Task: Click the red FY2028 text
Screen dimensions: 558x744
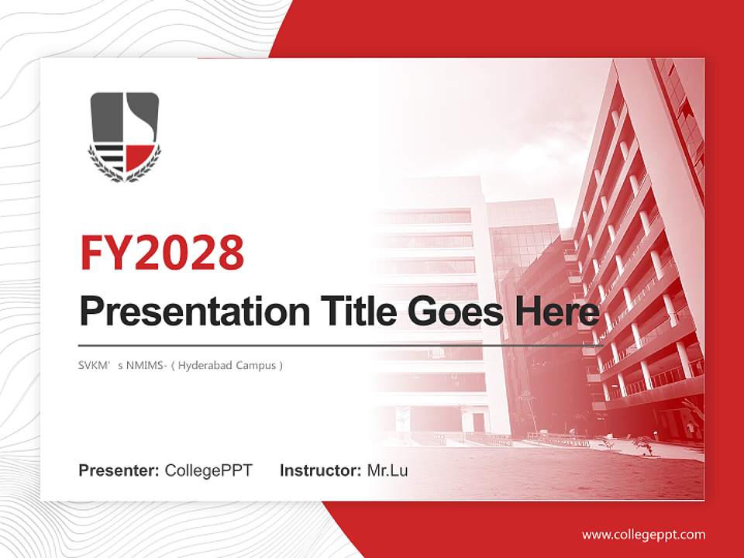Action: tap(162, 252)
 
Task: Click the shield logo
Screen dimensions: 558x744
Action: tap(125, 136)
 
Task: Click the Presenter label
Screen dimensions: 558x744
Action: tap(119, 470)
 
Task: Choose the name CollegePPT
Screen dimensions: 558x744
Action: tap(208, 470)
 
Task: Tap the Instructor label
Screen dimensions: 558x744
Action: tap(320, 470)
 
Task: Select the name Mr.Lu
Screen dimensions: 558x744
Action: tap(387, 470)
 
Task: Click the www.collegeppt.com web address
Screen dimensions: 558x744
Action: tap(643, 534)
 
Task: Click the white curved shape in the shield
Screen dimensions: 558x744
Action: tap(136, 120)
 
